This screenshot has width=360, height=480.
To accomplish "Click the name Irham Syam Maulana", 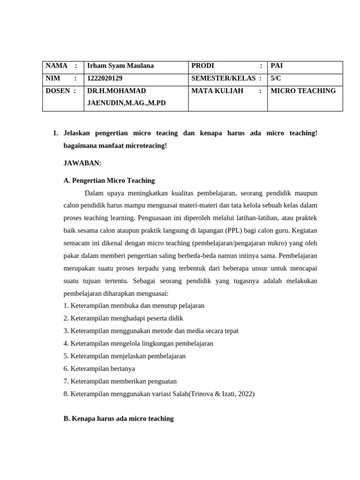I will click(x=120, y=66).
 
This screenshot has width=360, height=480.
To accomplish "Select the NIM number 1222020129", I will click(x=105, y=78).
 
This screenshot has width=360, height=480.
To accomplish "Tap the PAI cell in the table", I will click(x=277, y=66).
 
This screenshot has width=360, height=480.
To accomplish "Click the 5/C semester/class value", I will click(x=277, y=78).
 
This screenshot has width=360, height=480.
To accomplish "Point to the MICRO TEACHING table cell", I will click(x=303, y=91).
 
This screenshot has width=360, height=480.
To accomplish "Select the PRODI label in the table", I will click(x=202, y=66).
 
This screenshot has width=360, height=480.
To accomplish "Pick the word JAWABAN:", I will click(x=82, y=163).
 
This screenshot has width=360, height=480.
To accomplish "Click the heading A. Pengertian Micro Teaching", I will click(x=109, y=180).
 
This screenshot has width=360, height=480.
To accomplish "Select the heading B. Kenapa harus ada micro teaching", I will click(x=118, y=419).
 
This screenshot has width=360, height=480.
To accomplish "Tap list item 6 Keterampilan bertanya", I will click(x=99, y=368).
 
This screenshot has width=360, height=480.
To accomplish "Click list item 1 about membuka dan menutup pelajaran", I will click(x=134, y=306).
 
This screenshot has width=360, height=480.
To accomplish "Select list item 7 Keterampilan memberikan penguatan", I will click(x=120, y=381).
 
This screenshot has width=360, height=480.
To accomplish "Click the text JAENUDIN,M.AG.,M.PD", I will click(x=126, y=103).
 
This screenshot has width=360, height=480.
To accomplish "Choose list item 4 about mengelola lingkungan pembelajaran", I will click(x=138, y=343).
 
